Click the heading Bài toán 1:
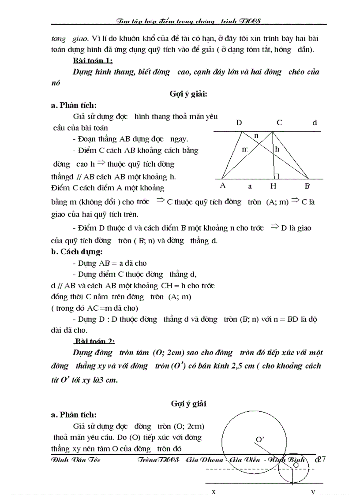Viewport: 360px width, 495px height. click(93, 61)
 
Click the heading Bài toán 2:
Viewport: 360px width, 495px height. click(94, 341)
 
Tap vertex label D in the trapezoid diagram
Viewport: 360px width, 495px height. click(239, 123)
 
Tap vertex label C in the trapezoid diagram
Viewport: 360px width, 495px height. click(279, 123)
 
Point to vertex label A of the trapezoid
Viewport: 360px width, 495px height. click(222, 186)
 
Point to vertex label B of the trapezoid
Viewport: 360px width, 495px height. click(308, 186)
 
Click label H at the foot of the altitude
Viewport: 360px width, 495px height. click(273, 186)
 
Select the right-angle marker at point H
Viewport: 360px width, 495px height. click(276, 176)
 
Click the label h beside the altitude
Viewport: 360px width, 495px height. click(277, 149)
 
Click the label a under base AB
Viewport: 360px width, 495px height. click(250, 186)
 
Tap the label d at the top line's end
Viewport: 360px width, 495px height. click(315, 123)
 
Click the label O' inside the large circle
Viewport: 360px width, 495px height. click(260, 439)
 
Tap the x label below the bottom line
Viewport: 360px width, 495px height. click(214, 491)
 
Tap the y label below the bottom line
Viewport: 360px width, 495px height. click(313, 491)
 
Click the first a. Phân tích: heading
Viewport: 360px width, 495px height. click(74, 105)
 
